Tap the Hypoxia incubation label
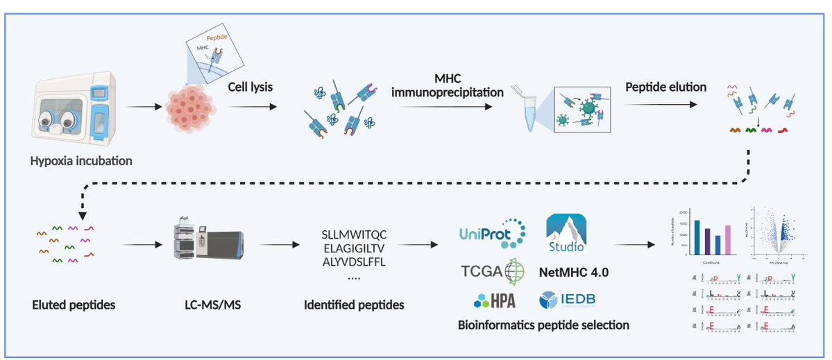click(81, 162)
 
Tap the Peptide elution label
click(665, 87)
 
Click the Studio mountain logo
click(566, 233)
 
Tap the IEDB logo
click(567, 300)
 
